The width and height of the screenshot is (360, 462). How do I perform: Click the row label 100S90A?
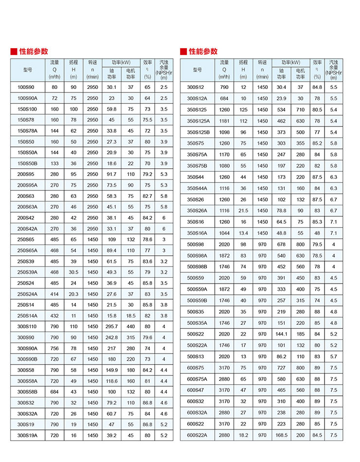pyautogui.click(x=27, y=98)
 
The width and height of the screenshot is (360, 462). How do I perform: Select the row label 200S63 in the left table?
pyautogui.click(x=26, y=196)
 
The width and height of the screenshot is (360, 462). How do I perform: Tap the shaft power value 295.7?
pyautogui.click(x=112, y=327)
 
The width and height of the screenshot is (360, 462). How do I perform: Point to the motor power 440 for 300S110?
pyautogui.click(x=131, y=327)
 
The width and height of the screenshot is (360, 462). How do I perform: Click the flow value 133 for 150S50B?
pyautogui.click(x=54, y=163)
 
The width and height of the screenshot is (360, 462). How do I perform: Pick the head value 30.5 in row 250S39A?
pyautogui.click(x=73, y=272)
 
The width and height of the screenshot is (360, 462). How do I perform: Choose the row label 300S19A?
pyautogui.click(x=27, y=436)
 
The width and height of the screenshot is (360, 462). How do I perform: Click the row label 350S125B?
pyautogui.click(x=198, y=132)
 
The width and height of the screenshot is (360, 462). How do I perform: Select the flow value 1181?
pyautogui.click(x=224, y=121)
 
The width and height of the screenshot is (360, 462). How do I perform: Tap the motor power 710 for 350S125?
pyautogui.click(x=300, y=110)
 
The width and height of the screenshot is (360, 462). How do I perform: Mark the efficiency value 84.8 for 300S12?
pyautogui.click(x=317, y=87)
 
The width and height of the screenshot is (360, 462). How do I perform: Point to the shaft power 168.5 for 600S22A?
pyautogui.click(x=282, y=435)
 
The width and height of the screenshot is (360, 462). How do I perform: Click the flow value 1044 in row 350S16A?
pyautogui.click(x=224, y=233)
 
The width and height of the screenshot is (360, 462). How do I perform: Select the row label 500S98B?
pyautogui.click(x=197, y=267)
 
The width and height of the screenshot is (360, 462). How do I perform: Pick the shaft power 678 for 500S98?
pyautogui.click(x=282, y=244)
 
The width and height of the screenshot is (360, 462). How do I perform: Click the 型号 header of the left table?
pyautogui.click(x=27, y=70)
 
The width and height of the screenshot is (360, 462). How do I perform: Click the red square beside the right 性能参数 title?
pyautogui.click(x=183, y=51)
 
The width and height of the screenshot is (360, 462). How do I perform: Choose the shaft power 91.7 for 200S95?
pyautogui.click(x=112, y=174)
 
